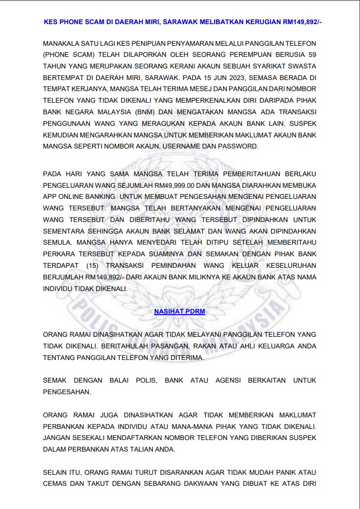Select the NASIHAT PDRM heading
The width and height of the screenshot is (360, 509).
pos(179,312)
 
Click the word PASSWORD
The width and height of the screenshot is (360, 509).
pos(241,146)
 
